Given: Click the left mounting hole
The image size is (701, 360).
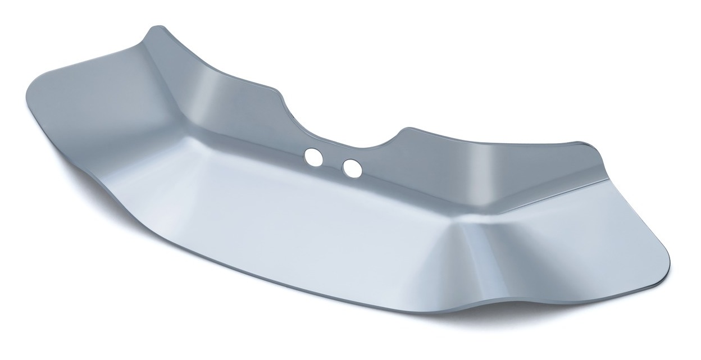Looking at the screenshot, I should (313, 157).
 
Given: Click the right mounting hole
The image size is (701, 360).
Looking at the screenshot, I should (351, 167).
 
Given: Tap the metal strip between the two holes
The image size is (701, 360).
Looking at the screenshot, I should (332, 162).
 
